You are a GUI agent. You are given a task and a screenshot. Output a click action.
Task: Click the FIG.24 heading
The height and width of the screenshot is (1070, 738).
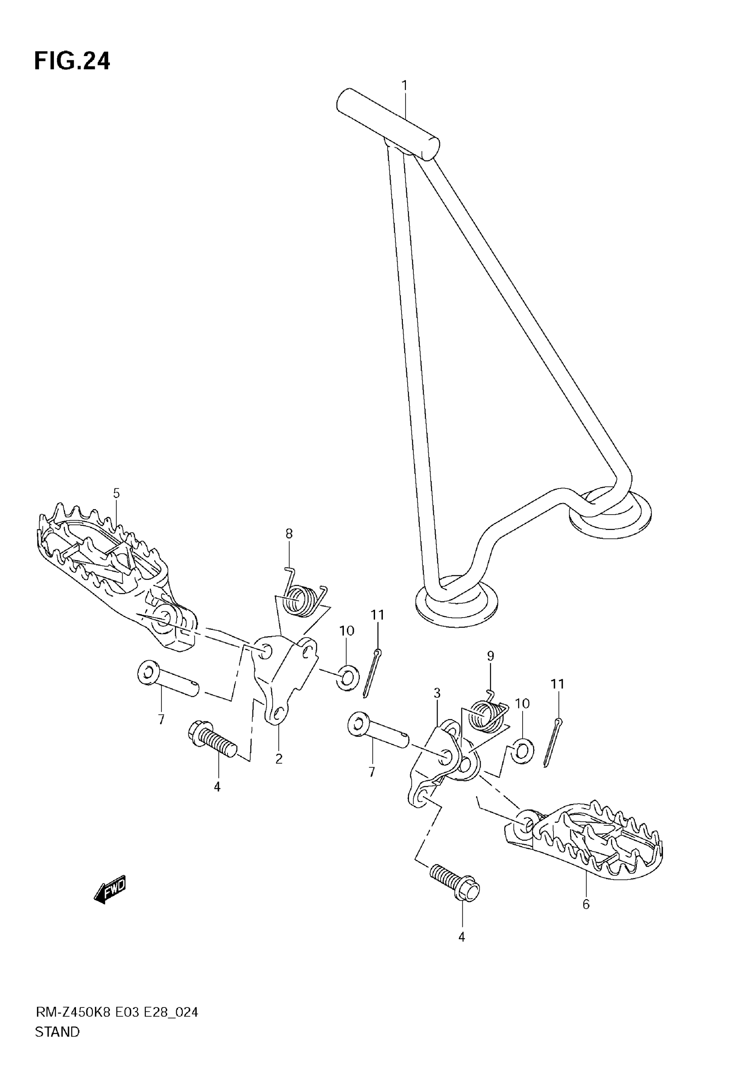72,61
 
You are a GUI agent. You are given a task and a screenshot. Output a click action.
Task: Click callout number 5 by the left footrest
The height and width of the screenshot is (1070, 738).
116,493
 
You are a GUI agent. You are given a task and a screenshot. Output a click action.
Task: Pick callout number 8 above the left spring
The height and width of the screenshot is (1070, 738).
289,534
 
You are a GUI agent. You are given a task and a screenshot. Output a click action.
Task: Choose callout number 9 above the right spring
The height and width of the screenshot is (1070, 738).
491,656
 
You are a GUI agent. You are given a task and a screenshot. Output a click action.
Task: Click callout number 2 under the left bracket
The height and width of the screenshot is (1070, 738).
278,759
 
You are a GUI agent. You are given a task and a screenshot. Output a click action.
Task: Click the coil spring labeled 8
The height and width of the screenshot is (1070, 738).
303,600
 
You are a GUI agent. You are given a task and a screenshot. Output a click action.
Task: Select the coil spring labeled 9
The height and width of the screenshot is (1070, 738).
485,718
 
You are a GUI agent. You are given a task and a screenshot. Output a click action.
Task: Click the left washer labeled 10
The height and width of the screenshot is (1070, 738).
349,678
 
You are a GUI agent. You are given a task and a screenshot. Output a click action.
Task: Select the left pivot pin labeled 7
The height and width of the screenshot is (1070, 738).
169,678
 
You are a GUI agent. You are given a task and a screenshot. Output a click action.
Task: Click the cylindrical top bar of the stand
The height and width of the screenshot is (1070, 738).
388,124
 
